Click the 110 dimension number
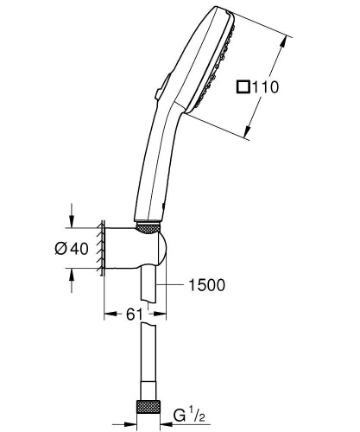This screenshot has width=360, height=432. [268, 87]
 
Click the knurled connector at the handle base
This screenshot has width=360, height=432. [148, 227]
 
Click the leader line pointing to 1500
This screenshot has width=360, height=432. [173, 283]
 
